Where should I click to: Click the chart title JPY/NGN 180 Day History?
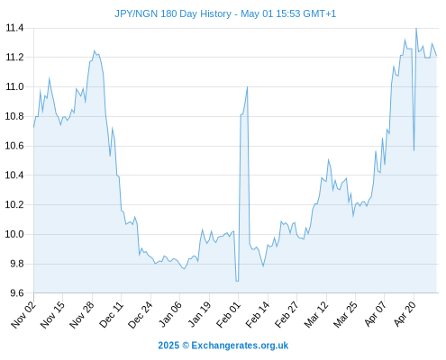click(x=173, y=13)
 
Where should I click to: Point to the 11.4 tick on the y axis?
click(x=14, y=28)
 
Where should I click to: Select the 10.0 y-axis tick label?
click(x=14, y=234)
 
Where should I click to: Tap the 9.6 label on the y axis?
click(x=17, y=293)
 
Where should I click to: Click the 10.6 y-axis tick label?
click(x=14, y=146)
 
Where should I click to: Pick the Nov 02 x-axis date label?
click(x=23, y=315)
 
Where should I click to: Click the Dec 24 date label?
click(x=141, y=315)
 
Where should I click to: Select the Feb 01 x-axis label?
click(x=229, y=315)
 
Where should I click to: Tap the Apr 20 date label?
click(x=405, y=314)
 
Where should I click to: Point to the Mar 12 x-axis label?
click(x=316, y=315)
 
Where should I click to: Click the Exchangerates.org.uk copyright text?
click(x=223, y=346)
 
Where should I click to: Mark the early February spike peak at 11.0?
click(x=247, y=87)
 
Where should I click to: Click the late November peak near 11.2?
click(x=94, y=50)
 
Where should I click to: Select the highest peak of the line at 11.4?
click(x=416, y=29)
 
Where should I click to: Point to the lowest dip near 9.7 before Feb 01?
click(x=237, y=281)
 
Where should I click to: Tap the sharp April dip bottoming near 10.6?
click(x=414, y=150)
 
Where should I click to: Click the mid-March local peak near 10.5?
click(x=328, y=159)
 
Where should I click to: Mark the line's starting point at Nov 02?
click(x=33, y=127)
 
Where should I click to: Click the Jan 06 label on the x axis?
click(x=170, y=315)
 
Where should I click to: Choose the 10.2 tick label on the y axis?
click(x=14, y=205)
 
